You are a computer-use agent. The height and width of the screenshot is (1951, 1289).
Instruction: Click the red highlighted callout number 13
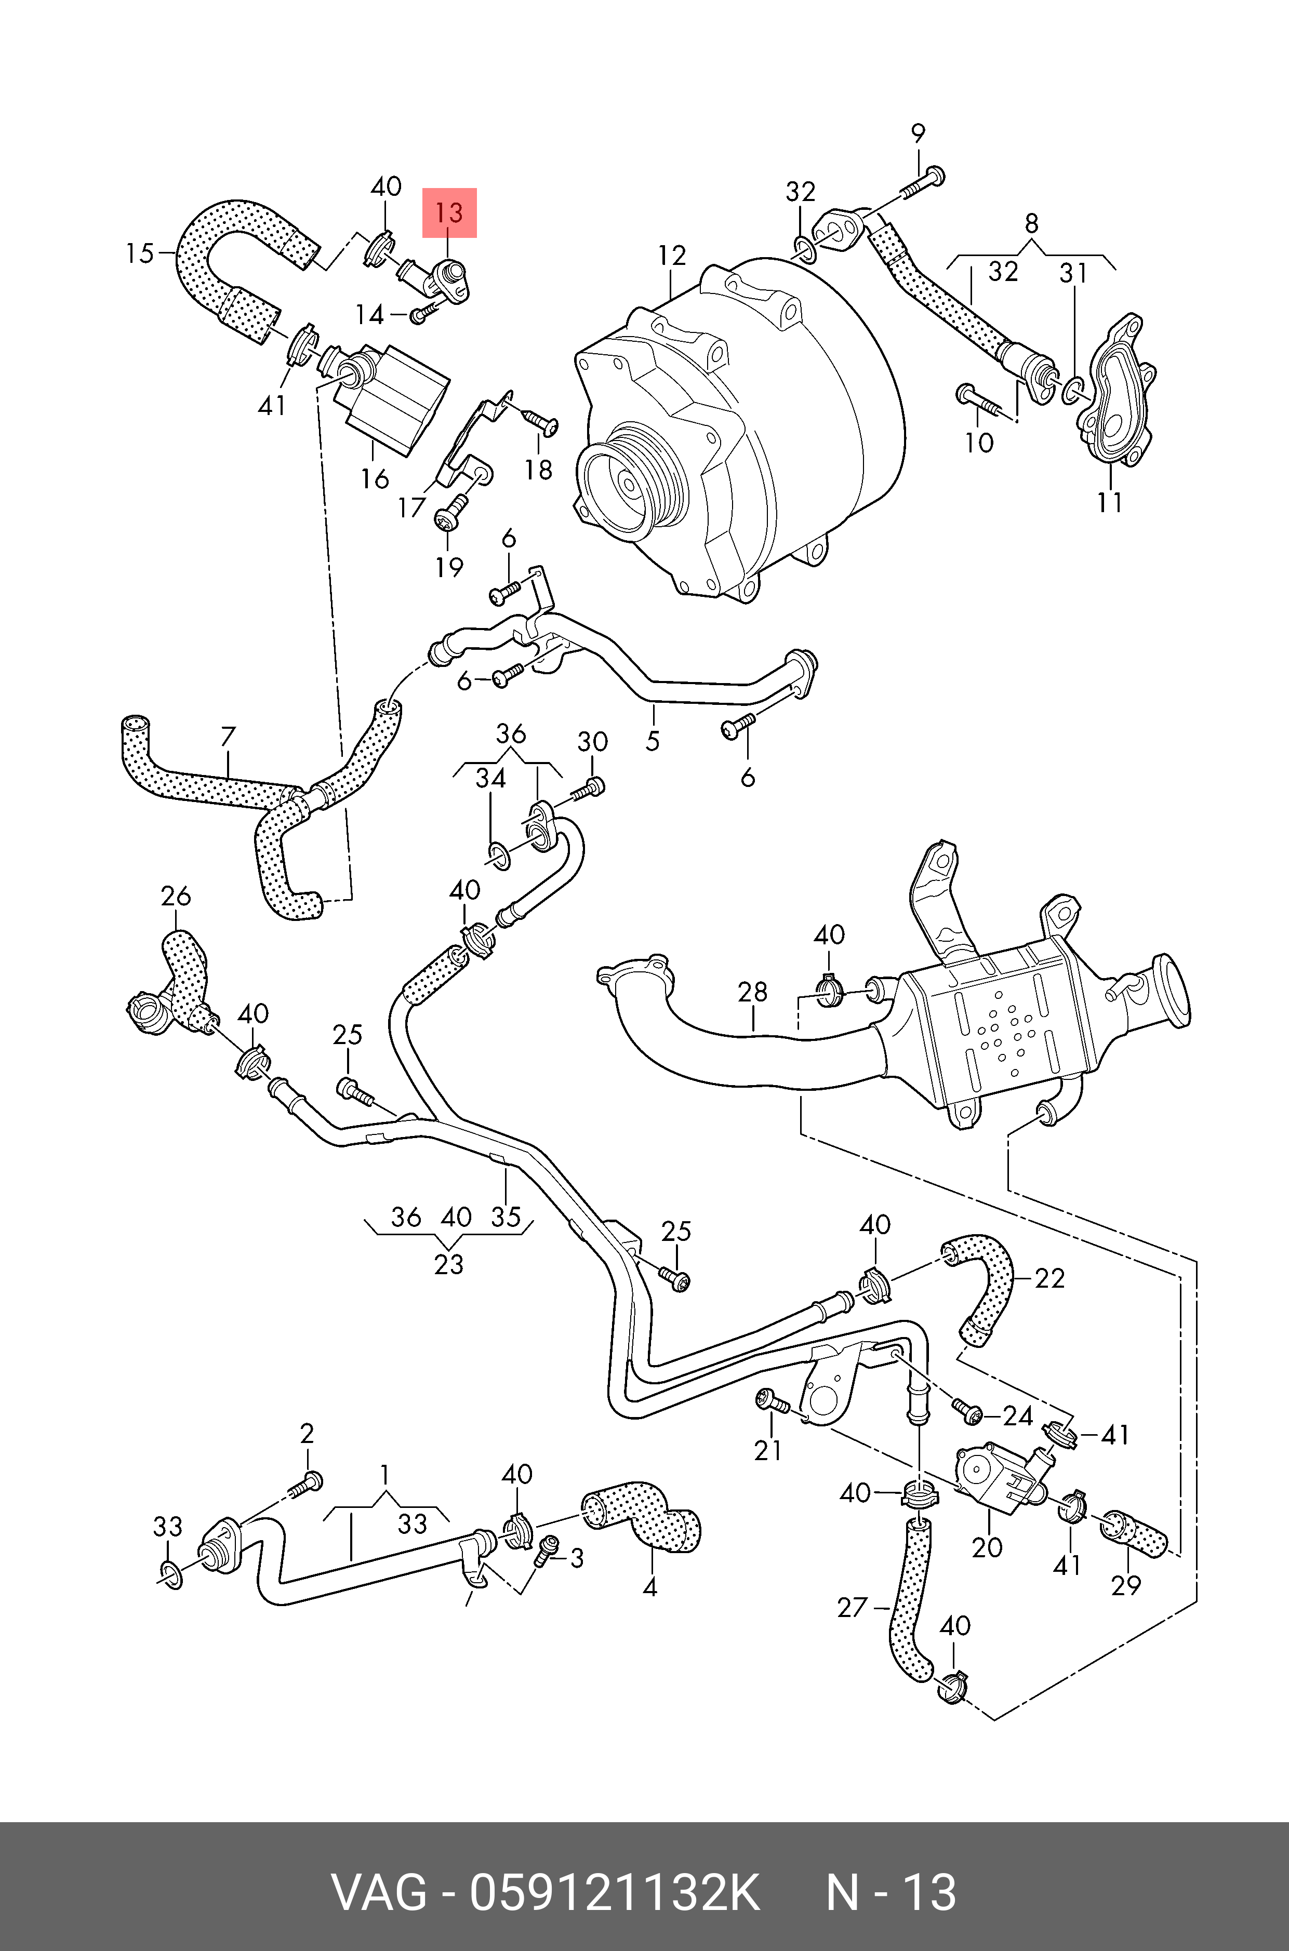click(x=449, y=213)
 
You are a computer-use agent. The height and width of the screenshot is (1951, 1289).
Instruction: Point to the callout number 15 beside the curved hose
click(x=140, y=253)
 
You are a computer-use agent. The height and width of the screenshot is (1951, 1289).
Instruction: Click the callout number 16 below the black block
click(x=375, y=478)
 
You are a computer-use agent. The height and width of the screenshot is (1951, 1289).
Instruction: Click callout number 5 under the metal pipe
click(x=652, y=741)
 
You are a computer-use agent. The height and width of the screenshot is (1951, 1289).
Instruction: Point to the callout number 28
click(x=752, y=992)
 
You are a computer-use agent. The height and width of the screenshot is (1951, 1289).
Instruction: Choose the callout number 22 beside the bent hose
click(x=1049, y=1278)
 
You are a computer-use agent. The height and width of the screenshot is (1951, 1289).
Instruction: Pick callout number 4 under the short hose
click(x=649, y=1587)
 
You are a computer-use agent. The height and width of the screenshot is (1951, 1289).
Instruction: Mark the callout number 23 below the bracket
click(x=449, y=1263)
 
